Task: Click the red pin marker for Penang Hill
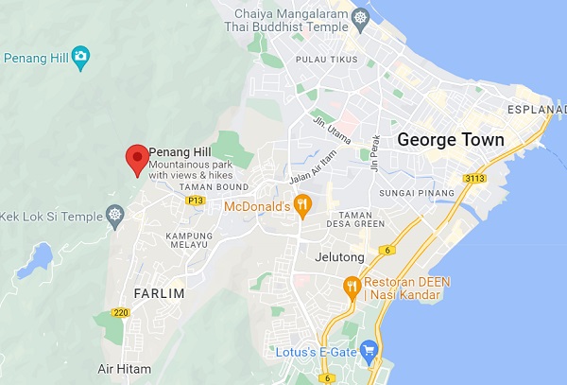click(x=138, y=158)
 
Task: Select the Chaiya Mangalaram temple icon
click(x=360, y=18)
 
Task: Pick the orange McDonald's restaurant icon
click(x=302, y=204)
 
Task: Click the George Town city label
click(x=451, y=139)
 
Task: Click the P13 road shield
click(x=196, y=201)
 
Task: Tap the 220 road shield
click(x=120, y=312)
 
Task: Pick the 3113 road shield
click(x=474, y=178)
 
